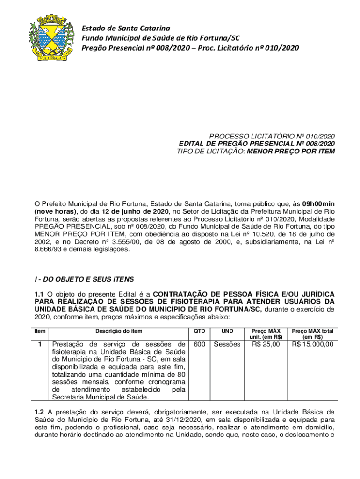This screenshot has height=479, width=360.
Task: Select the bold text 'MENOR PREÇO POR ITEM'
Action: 291,151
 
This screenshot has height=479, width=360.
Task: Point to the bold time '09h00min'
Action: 318,204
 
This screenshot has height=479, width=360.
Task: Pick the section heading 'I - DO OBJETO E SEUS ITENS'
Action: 84,279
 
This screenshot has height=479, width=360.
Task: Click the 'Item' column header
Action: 40,331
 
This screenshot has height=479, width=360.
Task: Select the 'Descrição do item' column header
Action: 119,331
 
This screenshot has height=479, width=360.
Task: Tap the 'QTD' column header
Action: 199,331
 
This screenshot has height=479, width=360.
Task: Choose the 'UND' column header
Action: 227,331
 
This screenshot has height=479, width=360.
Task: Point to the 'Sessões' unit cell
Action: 227,345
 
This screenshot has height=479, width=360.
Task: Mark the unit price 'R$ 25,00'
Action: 266,345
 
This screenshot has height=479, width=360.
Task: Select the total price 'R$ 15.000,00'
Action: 313,345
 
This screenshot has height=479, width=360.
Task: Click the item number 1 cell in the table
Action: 40,345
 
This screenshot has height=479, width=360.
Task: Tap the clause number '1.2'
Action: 39,412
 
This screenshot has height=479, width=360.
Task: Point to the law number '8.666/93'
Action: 49,249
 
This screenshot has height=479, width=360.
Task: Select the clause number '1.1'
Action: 39,294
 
